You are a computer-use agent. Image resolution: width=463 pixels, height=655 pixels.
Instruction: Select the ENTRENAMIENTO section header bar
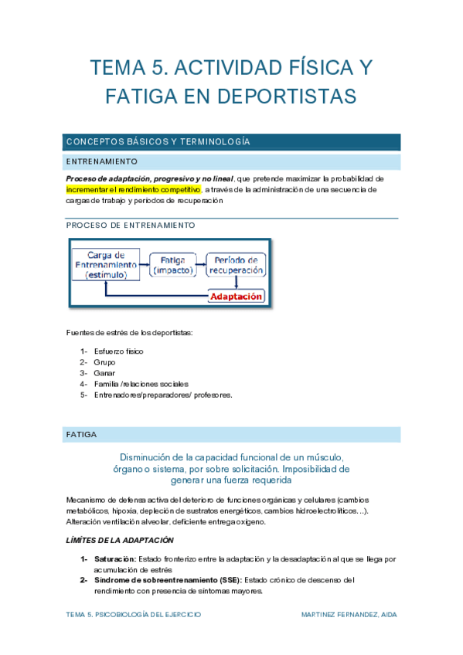pyautogui.click(x=232, y=162)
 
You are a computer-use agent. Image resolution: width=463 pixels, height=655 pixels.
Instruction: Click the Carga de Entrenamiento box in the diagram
pyautogui.click(x=107, y=264)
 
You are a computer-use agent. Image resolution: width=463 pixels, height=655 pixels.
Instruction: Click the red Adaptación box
pyautogui.click(x=237, y=296)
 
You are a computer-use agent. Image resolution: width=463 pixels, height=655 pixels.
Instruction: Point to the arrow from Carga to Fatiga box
pyautogui.click(x=144, y=264)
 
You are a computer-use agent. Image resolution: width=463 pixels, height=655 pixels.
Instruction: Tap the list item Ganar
pyautogui.click(x=104, y=373)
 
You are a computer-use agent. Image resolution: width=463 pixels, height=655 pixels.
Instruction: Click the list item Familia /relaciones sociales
pyautogui.click(x=141, y=384)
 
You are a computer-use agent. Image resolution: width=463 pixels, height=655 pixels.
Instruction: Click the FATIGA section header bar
pyautogui.click(x=232, y=435)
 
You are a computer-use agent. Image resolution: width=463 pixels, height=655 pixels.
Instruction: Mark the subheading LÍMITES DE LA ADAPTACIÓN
pyautogui.click(x=120, y=540)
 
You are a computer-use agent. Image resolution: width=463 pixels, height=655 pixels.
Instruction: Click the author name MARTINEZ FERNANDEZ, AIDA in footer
pyautogui.click(x=349, y=615)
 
